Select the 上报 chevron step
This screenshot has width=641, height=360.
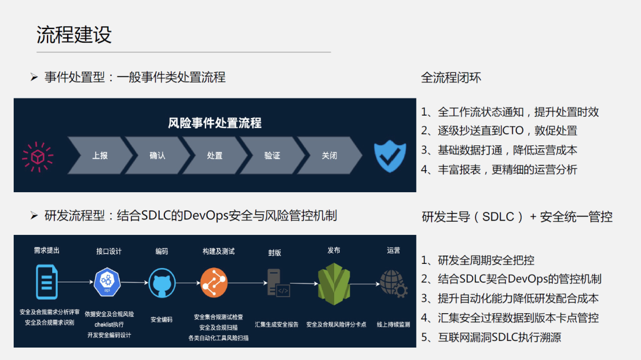(100, 156)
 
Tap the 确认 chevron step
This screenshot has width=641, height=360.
(157, 156)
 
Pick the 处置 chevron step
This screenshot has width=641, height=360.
(215, 156)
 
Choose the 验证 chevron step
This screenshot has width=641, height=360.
(272, 156)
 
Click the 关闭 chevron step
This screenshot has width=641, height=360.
(329, 156)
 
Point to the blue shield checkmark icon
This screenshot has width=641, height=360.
(390, 156)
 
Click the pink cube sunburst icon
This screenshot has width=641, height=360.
(38, 157)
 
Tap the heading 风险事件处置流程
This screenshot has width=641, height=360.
(215, 123)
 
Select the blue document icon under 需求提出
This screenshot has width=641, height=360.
(47, 282)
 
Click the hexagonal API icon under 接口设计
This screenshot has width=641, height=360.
(107, 282)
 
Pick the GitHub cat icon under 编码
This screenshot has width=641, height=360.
(161, 282)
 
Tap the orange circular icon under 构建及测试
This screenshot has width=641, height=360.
(214, 282)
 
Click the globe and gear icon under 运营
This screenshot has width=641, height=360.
(394, 283)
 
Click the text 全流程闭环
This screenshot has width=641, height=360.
(451, 77)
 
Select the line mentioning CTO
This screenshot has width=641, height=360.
(499, 130)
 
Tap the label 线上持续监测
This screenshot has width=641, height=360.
(394, 324)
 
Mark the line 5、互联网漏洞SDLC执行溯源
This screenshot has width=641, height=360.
(491, 337)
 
